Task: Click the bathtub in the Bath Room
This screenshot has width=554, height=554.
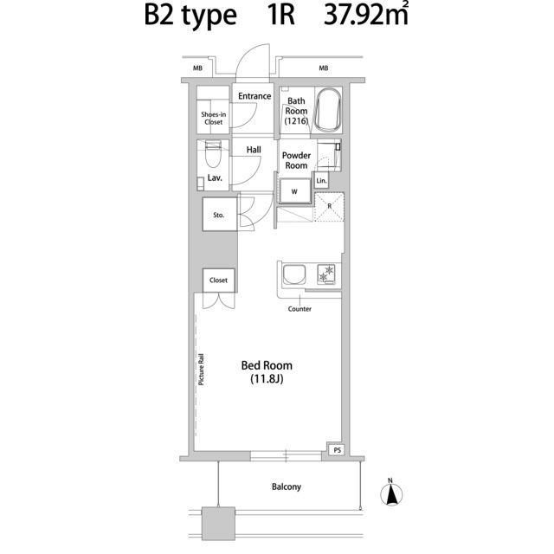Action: (328, 110)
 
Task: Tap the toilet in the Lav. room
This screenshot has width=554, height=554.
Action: (213, 154)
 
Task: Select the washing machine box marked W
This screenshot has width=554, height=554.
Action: (294, 191)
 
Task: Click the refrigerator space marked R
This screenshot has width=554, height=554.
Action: (329, 207)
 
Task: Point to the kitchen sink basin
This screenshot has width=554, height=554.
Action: (293, 275)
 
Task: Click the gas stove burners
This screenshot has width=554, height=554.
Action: (326, 274)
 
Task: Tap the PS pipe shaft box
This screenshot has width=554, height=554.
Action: (337, 450)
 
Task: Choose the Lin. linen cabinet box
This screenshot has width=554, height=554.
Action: (321, 181)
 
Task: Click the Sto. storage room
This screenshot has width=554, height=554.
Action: (219, 215)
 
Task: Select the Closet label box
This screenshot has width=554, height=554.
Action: (219, 280)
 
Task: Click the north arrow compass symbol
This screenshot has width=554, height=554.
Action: (391, 493)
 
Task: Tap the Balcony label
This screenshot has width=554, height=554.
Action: (287, 486)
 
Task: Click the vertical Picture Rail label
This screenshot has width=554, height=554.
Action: (201, 370)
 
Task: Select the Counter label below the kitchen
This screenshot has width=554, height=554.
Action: (300, 309)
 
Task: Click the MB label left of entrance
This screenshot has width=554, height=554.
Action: (198, 68)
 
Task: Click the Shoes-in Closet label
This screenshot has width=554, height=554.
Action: (214, 118)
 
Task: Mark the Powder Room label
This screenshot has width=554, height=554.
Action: (296, 160)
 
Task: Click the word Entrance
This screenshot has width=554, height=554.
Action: (254, 96)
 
